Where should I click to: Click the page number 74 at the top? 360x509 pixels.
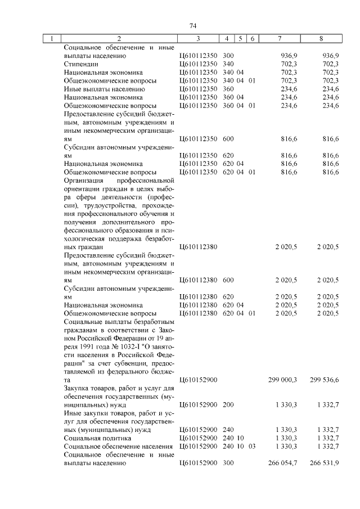coord(192,26)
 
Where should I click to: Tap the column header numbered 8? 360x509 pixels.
coord(321,39)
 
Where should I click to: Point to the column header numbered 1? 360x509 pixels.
coord(52,39)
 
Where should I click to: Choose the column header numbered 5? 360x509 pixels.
coord(240,39)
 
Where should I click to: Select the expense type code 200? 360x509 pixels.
coord(228,405)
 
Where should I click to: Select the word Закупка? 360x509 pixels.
coord(78,389)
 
